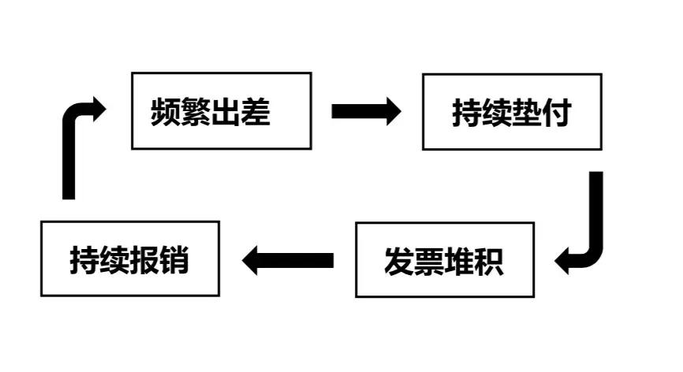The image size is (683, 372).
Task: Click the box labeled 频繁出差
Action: point(221,110)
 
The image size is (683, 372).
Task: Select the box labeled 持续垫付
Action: point(512,111)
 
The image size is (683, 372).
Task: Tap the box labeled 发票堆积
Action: point(445,259)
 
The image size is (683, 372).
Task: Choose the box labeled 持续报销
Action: point(129,259)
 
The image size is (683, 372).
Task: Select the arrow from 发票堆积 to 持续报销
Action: point(287,259)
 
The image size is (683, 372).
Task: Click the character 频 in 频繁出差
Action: point(166,113)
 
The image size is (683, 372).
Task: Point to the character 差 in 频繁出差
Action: point(255,113)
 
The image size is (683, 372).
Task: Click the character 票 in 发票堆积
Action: point(429,261)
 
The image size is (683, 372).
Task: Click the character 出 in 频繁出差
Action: point(225,113)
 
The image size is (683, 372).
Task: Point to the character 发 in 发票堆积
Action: point(399,261)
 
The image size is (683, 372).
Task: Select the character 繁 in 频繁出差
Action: point(195,113)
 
